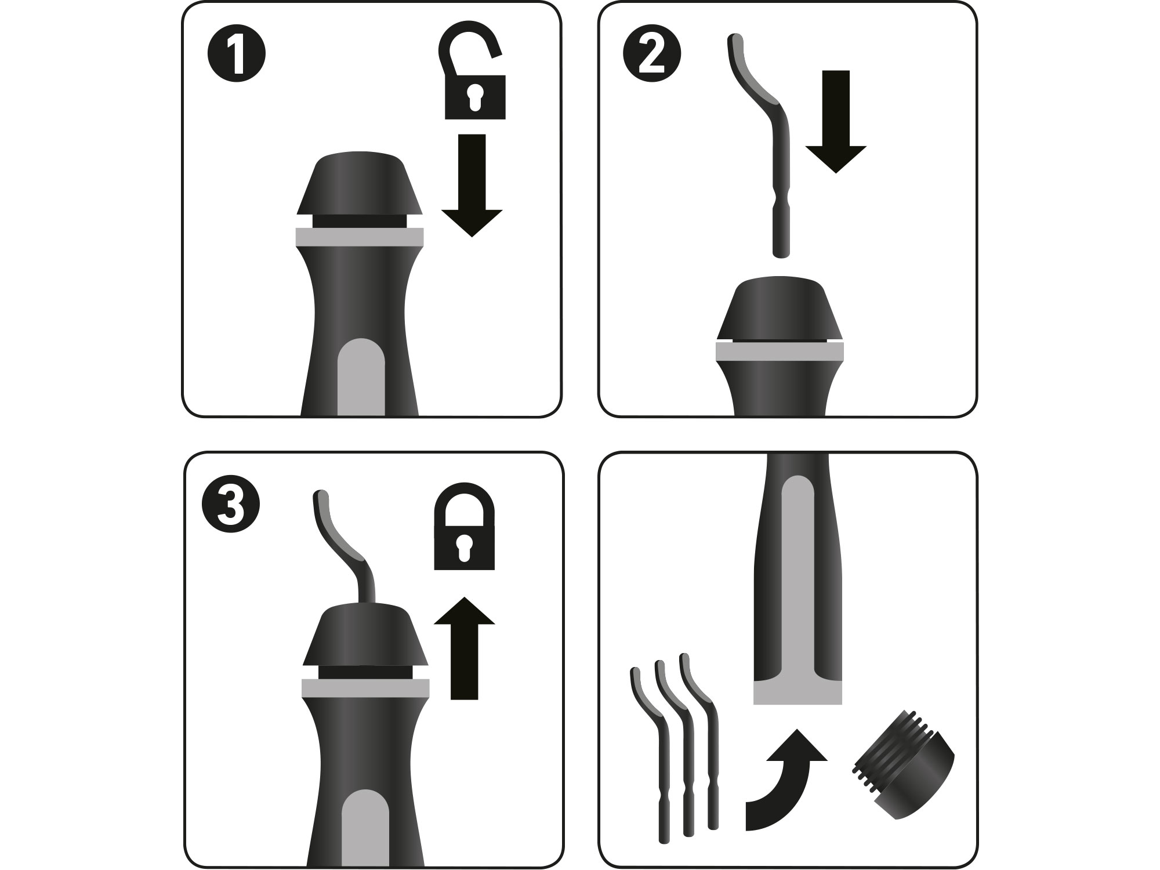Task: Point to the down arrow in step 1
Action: [472, 185]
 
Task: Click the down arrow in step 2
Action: [836, 121]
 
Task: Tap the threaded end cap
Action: [904, 774]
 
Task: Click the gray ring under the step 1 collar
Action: [360, 237]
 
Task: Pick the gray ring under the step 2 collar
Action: [780, 351]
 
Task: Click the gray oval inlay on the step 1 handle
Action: [361, 377]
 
